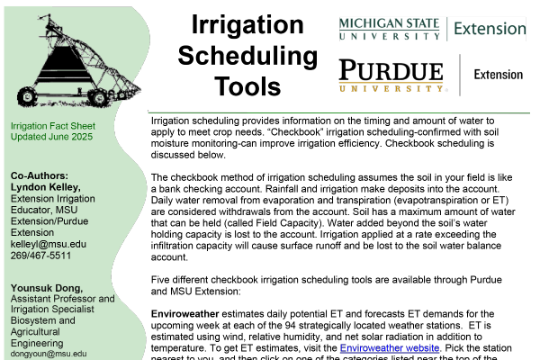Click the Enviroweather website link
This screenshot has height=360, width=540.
pyautogui.click(x=389, y=348)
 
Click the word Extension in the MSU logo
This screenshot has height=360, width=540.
pyautogui.click(x=489, y=29)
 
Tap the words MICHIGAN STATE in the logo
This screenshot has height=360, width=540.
pyautogui.click(x=390, y=23)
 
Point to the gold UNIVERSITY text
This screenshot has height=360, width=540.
pyautogui.click(x=391, y=88)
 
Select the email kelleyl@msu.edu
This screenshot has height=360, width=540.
pyautogui.click(x=48, y=244)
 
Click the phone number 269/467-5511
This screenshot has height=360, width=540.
pyautogui.click(x=40, y=256)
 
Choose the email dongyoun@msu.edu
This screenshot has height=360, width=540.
pyautogui.click(x=49, y=355)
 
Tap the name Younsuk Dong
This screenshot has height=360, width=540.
pyautogui.click(x=46, y=288)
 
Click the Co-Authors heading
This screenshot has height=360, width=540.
pyautogui.click(x=39, y=175)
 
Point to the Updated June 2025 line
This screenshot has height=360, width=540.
pyautogui.click(x=51, y=137)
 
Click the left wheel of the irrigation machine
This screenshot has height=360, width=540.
pyautogui.click(x=27, y=94)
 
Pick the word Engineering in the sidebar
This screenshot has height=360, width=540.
pyautogui.click(x=37, y=343)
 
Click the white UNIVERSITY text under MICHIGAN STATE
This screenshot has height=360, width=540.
pyautogui.click(x=390, y=36)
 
